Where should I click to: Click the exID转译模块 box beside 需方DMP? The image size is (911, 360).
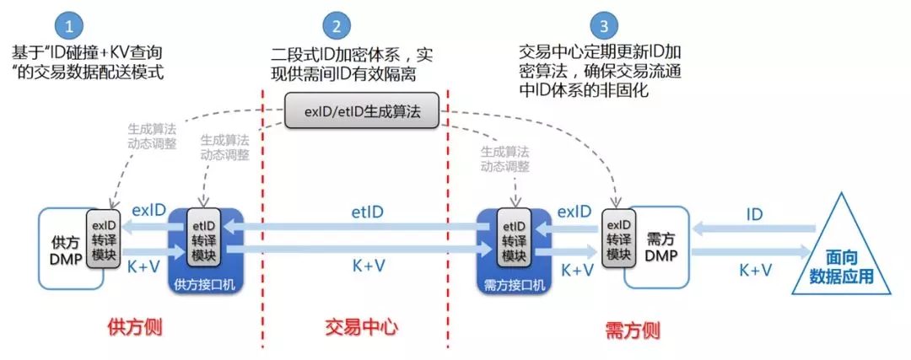tap(618, 239)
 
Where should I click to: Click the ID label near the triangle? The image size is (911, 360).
tap(754, 214)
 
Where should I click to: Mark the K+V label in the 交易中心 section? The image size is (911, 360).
tap(368, 267)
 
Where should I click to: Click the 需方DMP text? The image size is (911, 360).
tap(660, 244)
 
